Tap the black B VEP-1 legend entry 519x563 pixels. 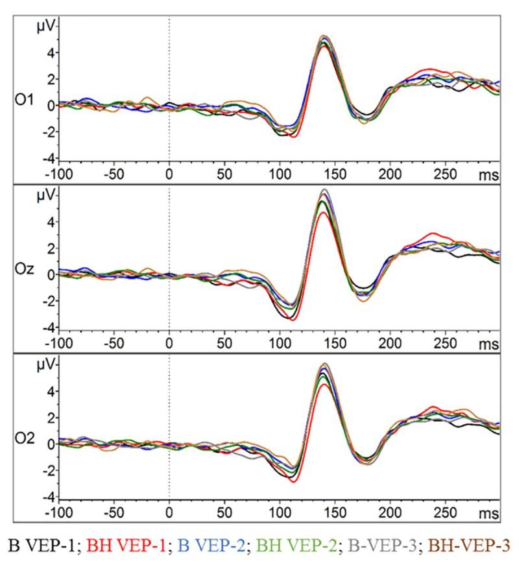coord(42,544)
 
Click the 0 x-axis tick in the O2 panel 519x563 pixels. coord(169,514)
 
